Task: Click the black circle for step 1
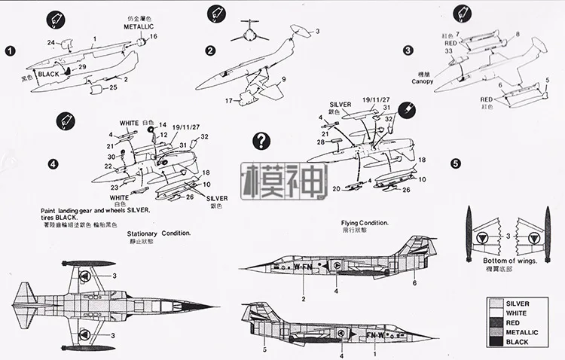point(9,51)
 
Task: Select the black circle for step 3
point(408,51)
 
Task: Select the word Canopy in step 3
point(423,81)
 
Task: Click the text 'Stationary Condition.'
point(158,233)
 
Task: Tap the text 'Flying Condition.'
point(364,223)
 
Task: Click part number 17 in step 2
point(227,100)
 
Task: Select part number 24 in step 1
point(51,42)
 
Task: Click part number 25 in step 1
point(113,87)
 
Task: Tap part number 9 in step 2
point(284,78)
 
